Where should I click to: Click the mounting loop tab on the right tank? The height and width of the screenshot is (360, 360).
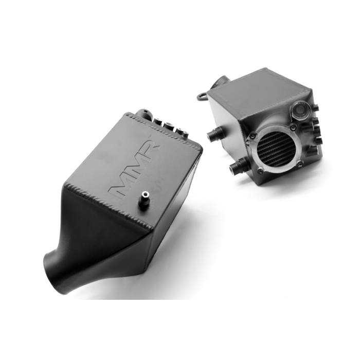point(202,96)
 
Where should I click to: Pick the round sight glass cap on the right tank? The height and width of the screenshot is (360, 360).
point(300,109)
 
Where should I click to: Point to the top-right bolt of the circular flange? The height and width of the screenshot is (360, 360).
point(292,128)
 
